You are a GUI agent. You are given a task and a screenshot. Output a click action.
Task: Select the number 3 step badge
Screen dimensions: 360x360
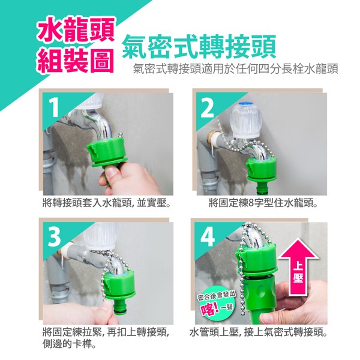pos(54,237)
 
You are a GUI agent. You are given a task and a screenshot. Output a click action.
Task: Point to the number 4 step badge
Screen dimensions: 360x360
pos(208,237)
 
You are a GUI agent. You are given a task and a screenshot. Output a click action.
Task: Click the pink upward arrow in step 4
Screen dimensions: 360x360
pos(298,266)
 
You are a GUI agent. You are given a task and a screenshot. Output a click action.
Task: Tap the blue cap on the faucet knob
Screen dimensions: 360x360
pos(245,104)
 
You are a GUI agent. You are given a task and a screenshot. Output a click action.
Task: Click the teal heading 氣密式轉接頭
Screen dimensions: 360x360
pos(199,47)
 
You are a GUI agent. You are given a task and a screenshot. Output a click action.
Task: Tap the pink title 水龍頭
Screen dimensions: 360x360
pos(76,30)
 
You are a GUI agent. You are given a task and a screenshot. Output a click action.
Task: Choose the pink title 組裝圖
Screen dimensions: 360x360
pos(76,61)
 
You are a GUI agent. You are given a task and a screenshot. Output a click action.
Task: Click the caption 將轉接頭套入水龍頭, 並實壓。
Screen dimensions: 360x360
pos(107,203)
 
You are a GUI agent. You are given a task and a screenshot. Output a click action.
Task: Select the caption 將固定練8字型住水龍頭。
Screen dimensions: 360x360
pos(263,203)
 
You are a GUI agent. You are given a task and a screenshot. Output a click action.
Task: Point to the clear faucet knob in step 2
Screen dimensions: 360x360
pos(246,120)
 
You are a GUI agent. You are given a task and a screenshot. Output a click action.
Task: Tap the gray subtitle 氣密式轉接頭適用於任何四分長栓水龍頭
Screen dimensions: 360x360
pos(236,68)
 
